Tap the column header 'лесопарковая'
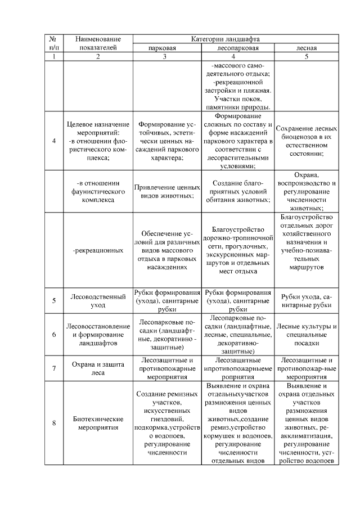click(x=238, y=48)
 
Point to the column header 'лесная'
click(x=307, y=48)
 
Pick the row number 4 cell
click(x=54, y=141)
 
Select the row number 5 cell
click(x=54, y=300)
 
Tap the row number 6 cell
click(x=54, y=334)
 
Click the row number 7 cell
click(x=54, y=368)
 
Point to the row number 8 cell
click(x=54, y=422)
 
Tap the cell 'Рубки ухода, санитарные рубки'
click(x=307, y=300)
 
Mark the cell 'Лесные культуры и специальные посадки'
click(x=307, y=334)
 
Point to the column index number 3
click(x=165, y=57)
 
